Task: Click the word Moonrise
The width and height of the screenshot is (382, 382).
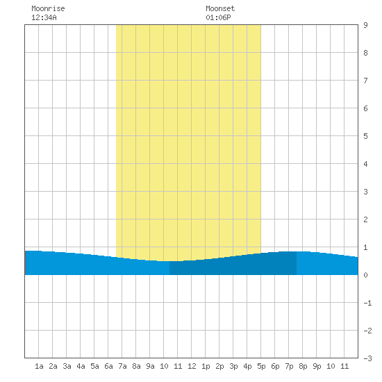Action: click(x=48, y=8)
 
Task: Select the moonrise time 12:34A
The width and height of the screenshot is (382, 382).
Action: click(x=44, y=17)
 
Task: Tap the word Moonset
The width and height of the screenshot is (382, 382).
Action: click(x=220, y=8)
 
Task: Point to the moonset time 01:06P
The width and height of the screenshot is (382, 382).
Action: click(x=218, y=17)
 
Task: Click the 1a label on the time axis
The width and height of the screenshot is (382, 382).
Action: click(x=39, y=366)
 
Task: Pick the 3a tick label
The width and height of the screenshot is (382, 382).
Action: click(x=67, y=366)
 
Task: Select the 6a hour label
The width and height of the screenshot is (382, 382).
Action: click(x=108, y=366)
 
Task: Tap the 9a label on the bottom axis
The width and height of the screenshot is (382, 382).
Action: click(x=150, y=366)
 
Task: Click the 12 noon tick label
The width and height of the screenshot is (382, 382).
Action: click(x=192, y=366)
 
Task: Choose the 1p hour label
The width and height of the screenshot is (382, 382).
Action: click(x=206, y=366)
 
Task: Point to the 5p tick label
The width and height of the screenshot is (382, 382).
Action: click(x=261, y=366)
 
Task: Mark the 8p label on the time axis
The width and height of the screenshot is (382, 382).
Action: click(x=303, y=366)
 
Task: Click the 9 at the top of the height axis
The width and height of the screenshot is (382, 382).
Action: click(x=365, y=25)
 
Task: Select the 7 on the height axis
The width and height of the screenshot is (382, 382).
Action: click(x=365, y=81)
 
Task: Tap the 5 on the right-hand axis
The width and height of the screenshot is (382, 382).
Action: click(x=365, y=136)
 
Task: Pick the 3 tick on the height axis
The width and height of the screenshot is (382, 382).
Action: click(x=365, y=192)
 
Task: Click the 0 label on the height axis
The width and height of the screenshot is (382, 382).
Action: click(x=365, y=275)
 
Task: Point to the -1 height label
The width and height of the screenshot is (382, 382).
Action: click(x=367, y=303)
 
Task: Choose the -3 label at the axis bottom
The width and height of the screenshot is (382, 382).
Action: click(x=367, y=358)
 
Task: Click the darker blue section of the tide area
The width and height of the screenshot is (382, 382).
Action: click(x=233, y=267)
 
